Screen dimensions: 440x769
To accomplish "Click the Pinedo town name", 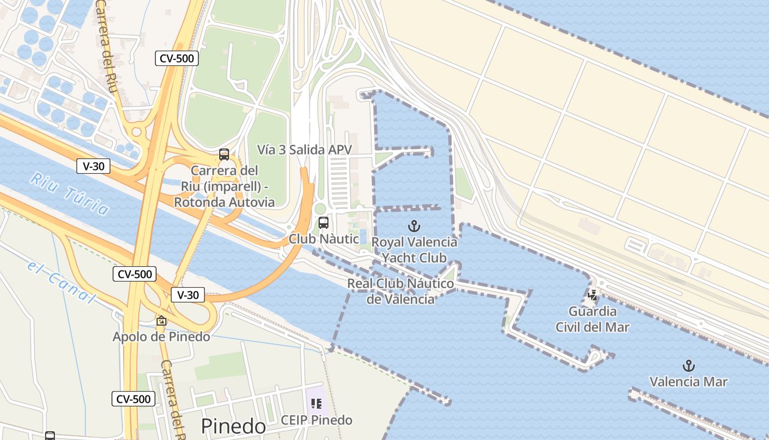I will click(233, 426).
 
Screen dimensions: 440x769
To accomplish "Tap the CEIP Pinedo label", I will click(316, 420).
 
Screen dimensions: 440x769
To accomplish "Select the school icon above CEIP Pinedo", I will click(316, 404).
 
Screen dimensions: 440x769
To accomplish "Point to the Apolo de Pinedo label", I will click(161, 337).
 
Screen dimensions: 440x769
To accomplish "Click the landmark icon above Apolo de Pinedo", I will click(161, 321).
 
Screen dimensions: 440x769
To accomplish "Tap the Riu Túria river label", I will click(70, 194).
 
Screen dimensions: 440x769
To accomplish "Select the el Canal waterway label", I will click(61, 281).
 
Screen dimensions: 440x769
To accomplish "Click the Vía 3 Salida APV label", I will click(304, 150).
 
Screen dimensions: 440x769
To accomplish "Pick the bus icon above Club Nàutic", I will click(324, 223).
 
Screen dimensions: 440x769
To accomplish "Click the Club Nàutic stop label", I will click(324, 239).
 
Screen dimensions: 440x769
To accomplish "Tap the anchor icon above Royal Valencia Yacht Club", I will click(414, 226).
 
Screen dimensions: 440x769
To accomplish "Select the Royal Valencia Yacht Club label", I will click(414, 250).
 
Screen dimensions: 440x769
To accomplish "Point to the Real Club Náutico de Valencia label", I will click(400, 291).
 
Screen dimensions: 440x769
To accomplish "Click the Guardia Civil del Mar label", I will click(592, 319).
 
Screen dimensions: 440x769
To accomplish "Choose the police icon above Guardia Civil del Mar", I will click(592, 295).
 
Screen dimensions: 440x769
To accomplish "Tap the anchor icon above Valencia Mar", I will click(688, 366).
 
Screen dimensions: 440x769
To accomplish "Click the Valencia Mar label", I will click(688, 382).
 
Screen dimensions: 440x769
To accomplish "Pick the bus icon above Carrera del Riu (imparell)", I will click(224, 154).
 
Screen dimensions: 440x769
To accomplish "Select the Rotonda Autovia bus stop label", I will click(224, 186).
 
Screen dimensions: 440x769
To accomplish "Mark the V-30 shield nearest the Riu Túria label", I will click(93, 166).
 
